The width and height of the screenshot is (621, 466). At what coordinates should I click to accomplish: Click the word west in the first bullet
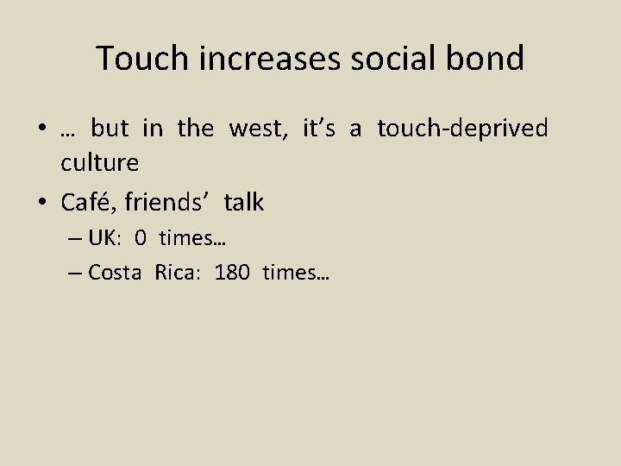pyautogui.click(x=260, y=129)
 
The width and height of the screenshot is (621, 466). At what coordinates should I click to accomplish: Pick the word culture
pyautogui.click(x=99, y=161)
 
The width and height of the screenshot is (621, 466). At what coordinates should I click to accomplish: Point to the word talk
pyautogui.click(x=244, y=203)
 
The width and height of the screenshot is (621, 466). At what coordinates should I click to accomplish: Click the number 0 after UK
pyautogui.click(x=140, y=238)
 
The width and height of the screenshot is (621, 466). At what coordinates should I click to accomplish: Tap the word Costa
pyautogui.click(x=116, y=274)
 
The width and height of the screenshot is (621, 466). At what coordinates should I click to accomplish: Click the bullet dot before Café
pyautogui.click(x=43, y=204)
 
